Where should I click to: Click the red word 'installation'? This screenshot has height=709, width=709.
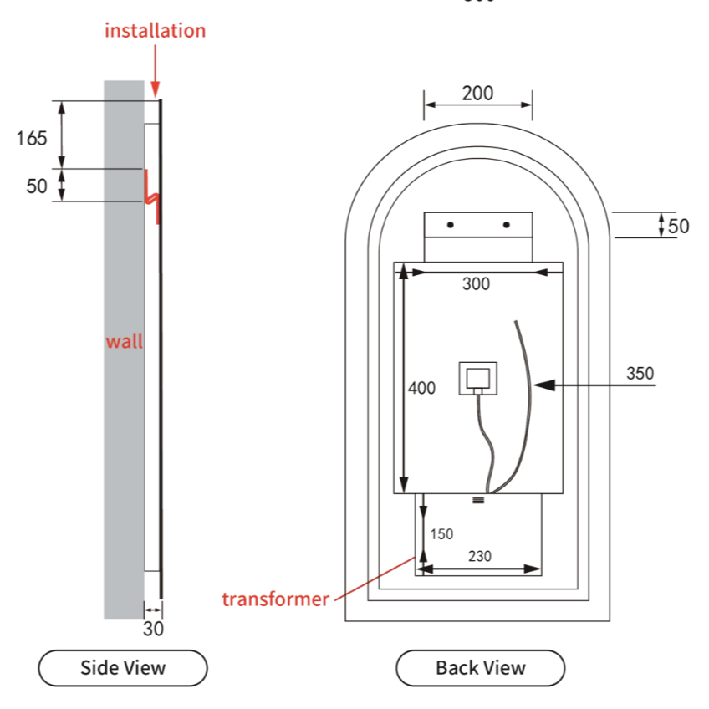(155, 31)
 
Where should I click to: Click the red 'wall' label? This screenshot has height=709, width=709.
(124, 341)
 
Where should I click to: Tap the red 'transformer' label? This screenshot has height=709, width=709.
(275, 599)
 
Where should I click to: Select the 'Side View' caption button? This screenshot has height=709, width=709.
(123, 667)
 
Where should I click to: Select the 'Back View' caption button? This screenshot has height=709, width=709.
(480, 667)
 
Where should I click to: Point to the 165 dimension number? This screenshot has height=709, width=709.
(32, 138)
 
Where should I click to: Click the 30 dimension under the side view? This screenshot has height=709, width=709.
(153, 630)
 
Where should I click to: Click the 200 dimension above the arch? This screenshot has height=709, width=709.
(477, 93)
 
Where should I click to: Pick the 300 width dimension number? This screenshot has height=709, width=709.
(476, 284)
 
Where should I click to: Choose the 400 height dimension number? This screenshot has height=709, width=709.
(421, 388)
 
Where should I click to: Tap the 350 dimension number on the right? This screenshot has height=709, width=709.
(640, 373)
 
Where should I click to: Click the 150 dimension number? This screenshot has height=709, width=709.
(441, 534)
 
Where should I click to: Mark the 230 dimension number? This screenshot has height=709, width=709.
(479, 556)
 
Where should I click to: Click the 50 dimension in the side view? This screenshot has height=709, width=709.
(37, 186)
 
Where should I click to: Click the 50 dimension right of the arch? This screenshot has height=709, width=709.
(678, 226)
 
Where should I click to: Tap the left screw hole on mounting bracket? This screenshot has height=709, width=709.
(450, 225)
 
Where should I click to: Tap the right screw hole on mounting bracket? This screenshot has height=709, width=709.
(506, 225)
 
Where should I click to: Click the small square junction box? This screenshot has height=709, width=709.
(477, 378)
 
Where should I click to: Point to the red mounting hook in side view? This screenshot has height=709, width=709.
(151, 195)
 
